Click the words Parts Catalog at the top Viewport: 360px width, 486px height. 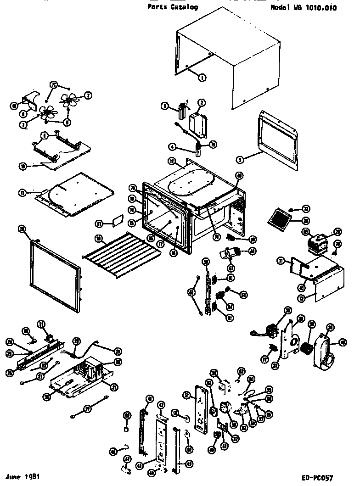pyautogui.click(x=173, y=7)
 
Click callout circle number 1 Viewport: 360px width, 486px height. pyautogui.click(x=202, y=78)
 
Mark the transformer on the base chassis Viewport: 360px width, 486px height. pyautogui.click(x=94, y=367)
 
